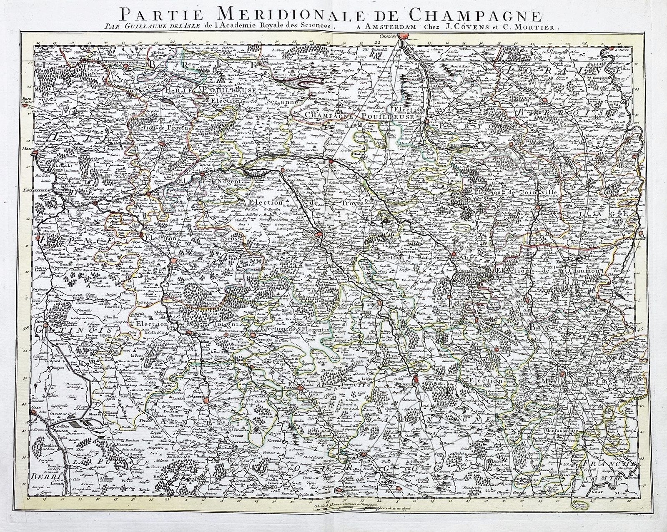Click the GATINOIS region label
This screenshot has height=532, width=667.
(x=48, y=329)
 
